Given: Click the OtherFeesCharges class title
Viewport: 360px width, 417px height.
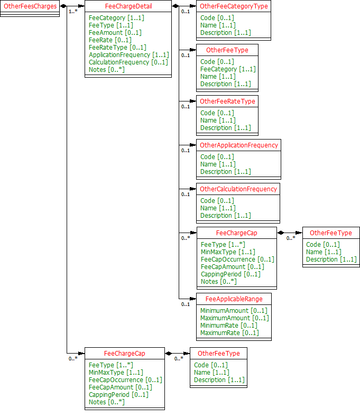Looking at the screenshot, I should [30, 6].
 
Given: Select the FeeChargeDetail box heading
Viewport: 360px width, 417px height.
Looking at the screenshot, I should [128, 6].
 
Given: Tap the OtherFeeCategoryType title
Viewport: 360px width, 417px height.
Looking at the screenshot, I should [234, 6].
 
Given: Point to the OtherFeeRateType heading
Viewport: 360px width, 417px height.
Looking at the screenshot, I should [227, 101].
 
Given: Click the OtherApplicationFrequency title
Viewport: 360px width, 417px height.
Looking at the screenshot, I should [238, 145].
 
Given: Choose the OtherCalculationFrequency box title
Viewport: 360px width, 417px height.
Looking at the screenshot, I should [238, 189].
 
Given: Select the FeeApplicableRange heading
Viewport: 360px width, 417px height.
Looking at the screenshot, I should [234, 299].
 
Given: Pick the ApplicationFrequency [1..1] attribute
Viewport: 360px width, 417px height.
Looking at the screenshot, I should [129, 54].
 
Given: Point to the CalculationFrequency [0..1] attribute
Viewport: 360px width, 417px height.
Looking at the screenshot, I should [128, 62].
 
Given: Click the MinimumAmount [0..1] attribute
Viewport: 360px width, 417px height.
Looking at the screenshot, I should [234, 310].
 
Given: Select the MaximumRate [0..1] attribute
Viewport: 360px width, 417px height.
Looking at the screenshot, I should [229, 332].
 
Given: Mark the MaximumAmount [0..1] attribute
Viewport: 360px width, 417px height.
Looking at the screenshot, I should [234, 318].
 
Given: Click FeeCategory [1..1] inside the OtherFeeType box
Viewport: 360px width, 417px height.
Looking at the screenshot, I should [228, 69].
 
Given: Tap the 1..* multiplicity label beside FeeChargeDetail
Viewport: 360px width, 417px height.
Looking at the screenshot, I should [72, 12].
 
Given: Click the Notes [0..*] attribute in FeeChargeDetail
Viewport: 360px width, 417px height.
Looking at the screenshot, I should [107, 69].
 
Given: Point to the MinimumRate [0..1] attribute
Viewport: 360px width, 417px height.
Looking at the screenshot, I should [229, 325].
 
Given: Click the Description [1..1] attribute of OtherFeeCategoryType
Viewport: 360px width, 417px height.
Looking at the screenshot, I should [226, 32].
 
